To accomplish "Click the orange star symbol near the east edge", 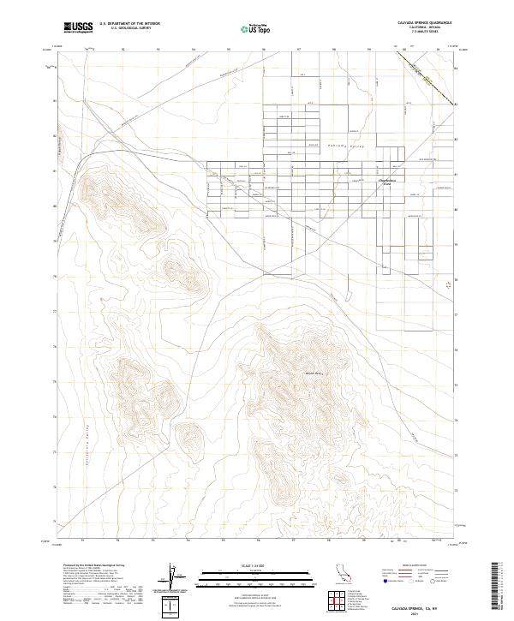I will click(450, 285).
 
